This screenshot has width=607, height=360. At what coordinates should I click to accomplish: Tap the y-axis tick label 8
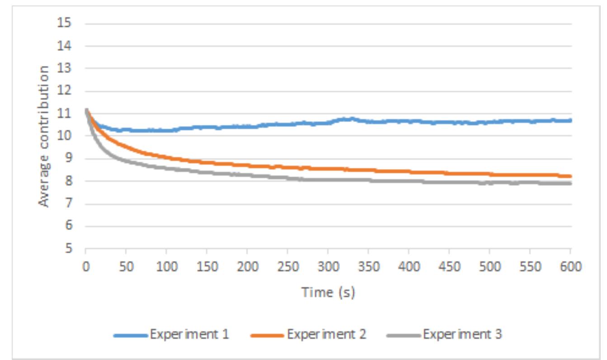click(68, 181)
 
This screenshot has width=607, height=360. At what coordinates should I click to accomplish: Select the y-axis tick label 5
click(68, 249)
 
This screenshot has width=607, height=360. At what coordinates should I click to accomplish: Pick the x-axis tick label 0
click(86, 267)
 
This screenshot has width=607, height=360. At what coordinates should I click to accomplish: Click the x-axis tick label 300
click(328, 267)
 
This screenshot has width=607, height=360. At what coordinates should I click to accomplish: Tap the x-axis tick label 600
click(570, 267)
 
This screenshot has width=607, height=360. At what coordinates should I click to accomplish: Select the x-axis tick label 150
click(207, 267)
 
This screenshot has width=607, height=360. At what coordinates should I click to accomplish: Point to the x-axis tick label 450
click(449, 267)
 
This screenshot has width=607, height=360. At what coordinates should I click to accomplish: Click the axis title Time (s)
click(328, 293)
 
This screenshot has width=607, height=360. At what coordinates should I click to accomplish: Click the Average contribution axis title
click(44, 136)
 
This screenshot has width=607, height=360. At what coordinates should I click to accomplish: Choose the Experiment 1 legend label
click(189, 335)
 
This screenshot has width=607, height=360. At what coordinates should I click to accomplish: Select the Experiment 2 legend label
click(326, 335)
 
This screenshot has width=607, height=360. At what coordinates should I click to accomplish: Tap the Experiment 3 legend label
click(462, 335)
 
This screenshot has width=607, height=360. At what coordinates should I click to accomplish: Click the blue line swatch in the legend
click(131, 335)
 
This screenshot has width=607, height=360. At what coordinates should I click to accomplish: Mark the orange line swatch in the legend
click(267, 335)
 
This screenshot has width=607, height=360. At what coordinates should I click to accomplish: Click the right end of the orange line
click(570, 176)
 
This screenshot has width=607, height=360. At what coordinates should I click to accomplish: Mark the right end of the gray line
click(570, 183)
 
